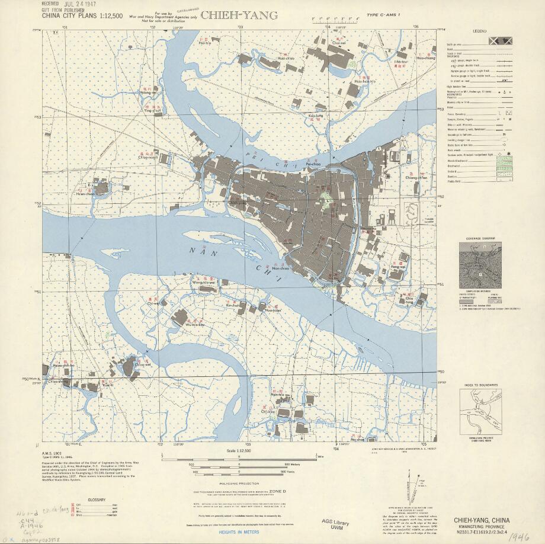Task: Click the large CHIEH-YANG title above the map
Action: click(239, 16)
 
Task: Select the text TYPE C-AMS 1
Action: click(383, 15)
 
